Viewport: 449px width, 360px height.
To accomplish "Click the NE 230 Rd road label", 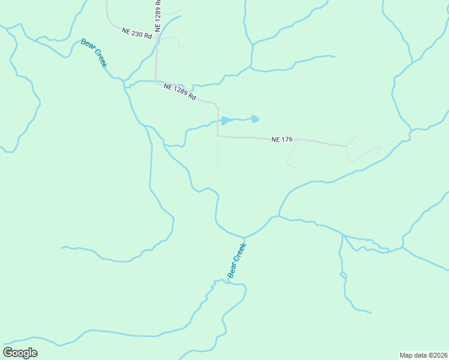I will (x=137, y=34).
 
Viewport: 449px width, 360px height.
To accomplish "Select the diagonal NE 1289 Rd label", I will (x=180, y=92).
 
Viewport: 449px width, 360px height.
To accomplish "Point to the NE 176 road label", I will (x=282, y=140).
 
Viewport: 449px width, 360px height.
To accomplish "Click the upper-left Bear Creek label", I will (x=94, y=53).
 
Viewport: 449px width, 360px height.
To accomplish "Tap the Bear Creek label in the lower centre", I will (x=237, y=260).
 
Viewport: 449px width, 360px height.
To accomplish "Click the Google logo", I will (x=20, y=353).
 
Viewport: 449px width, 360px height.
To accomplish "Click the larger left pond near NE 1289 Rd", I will (x=226, y=121).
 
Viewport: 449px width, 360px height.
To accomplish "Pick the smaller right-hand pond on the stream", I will (x=255, y=119).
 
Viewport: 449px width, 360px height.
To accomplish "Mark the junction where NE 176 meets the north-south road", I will (x=217, y=136).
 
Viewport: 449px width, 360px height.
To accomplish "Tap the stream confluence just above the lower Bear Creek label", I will (x=245, y=238).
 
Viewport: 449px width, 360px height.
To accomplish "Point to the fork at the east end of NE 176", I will (x=347, y=146).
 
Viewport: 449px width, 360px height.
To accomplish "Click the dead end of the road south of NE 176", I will (x=217, y=167).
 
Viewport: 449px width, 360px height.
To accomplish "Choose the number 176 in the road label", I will (x=286, y=140).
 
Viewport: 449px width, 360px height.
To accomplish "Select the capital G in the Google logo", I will (x=8, y=353).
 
